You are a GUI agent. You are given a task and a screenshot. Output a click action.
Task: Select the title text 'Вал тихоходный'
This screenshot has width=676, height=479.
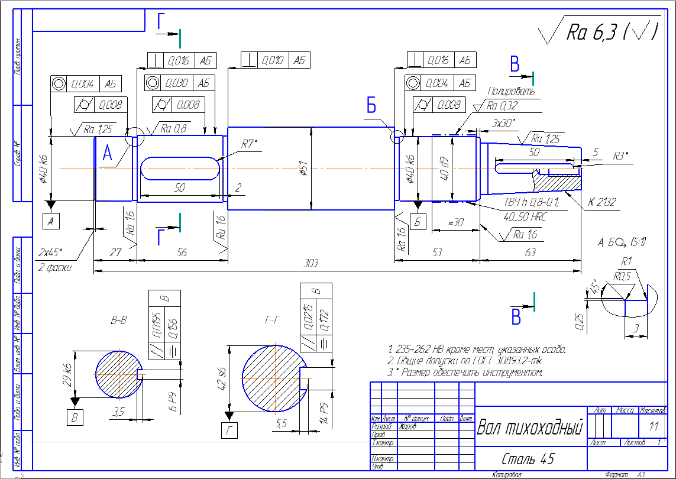(530, 427)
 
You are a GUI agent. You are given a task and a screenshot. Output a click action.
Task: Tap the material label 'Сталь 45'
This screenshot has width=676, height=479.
(528, 459)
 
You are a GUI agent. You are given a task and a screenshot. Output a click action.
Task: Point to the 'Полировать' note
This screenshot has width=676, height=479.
(511, 92)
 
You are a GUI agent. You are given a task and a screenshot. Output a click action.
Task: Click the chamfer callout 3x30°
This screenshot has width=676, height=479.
(504, 123)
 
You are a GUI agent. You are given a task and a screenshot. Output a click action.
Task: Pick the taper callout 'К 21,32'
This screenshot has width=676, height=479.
(602, 202)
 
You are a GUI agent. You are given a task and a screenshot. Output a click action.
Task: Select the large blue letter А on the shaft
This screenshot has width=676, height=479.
(107, 154)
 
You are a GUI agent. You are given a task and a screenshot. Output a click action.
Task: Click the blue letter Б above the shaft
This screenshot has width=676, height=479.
(371, 106)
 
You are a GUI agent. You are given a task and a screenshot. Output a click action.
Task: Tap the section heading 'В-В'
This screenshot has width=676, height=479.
(119, 321)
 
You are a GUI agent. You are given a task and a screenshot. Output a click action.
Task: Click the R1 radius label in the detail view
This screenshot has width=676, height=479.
(627, 261)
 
